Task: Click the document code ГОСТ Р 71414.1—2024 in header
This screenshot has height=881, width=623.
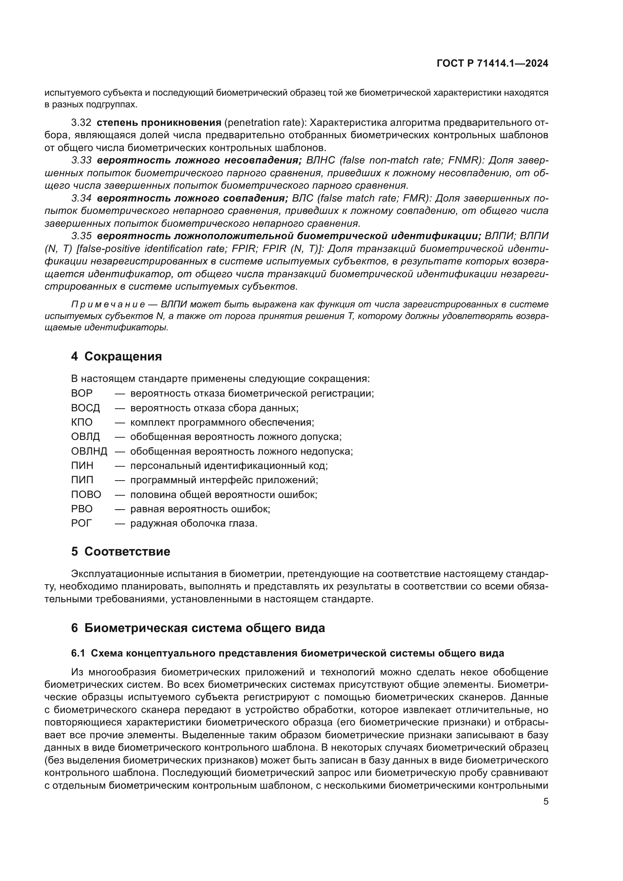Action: [492, 64]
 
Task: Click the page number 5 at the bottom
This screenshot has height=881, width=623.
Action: [545, 802]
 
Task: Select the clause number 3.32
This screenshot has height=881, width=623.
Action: [81, 123]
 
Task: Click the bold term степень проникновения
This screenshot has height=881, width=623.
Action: [159, 123]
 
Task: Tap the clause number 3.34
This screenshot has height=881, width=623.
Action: [81, 198]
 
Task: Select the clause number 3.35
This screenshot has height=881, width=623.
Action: [81, 236]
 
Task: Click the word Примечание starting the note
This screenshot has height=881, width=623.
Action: [108, 305]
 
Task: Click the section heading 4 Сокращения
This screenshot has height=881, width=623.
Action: [116, 356]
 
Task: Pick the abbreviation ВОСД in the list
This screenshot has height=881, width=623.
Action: [85, 408]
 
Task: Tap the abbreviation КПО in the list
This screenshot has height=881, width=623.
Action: [82, 423]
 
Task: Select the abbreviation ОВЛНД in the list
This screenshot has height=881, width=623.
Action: [89, 451]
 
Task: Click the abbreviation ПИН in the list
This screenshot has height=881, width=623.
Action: [82, 466]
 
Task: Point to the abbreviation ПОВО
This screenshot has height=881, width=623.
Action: [86, 495]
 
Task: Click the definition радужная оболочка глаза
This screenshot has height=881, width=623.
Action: [194, 524]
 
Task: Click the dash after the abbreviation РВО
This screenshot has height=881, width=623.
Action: [120, 509]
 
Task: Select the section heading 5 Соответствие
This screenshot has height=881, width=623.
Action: [121, 552]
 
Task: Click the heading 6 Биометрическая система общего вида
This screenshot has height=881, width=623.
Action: [198, 628]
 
